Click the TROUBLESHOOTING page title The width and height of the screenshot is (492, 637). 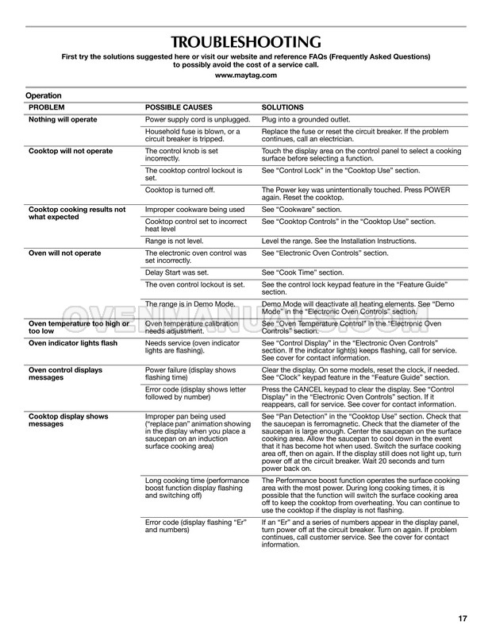click(246, 42)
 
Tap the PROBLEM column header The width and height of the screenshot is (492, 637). click(47, 106)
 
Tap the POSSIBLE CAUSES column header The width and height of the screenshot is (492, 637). click(179, 106)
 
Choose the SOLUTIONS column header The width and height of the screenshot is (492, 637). click(283, 106)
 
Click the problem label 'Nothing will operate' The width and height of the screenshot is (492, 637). click(63, 119)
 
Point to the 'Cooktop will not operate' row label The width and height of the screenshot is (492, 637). click(70, 151)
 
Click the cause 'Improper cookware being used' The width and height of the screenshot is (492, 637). click(194, 210)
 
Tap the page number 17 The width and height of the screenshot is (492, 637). click(462, 619)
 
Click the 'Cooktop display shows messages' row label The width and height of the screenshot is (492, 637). click(68, 420)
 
